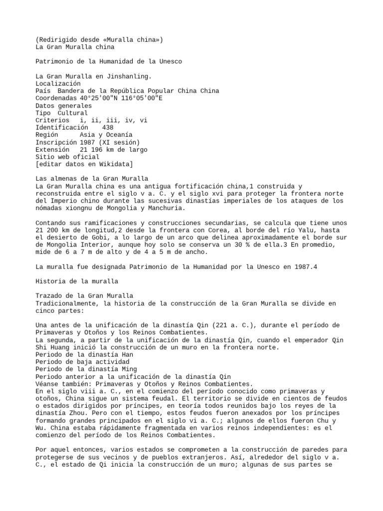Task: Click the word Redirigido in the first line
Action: click(x=58, y=39)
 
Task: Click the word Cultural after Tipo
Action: click(x=72, y=113)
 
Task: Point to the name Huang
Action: click(x=56, y=347)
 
